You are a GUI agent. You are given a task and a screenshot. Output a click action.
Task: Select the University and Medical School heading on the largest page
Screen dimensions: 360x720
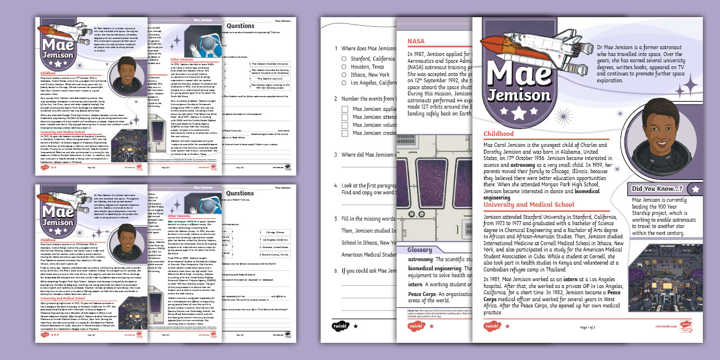coord(529,205)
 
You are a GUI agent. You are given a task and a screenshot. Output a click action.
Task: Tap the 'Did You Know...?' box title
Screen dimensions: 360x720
coord(657,189)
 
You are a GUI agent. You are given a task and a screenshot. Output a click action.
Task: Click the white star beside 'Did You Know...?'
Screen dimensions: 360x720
coord(695,189)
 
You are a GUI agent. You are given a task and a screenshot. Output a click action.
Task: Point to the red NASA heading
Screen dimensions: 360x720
coord(416,41)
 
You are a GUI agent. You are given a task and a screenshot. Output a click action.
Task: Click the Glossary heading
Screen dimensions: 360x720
coord(423,250)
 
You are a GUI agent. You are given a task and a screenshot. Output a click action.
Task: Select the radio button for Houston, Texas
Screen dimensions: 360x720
coord(344,67)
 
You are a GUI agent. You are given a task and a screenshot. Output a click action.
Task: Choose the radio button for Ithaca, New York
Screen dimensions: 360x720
coord(344,75)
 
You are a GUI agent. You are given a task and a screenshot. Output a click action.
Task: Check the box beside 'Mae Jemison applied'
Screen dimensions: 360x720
coord(345,109)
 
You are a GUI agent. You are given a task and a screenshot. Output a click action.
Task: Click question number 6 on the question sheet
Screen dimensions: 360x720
coord(337,271)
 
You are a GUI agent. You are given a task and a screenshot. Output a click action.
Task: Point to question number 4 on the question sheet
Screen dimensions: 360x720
coord(337,186)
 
